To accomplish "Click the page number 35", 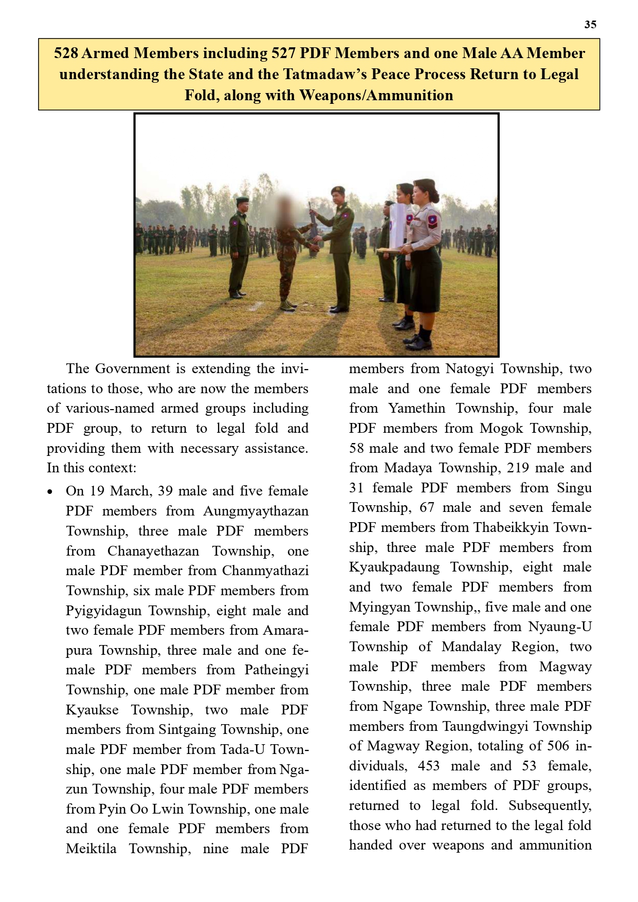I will tap(590, 25).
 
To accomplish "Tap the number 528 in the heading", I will tap(66, 53).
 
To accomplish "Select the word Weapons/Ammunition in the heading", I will tap(376, 96).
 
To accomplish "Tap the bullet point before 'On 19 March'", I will tap(50, 492).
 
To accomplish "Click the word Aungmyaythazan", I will tap(256, 511).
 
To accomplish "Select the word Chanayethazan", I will tap(153, 551).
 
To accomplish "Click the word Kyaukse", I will tap(92, 710).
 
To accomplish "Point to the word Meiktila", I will tap(91, 849).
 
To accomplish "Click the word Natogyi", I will tap(469, 369).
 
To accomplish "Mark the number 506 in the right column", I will tap(558, 746).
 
